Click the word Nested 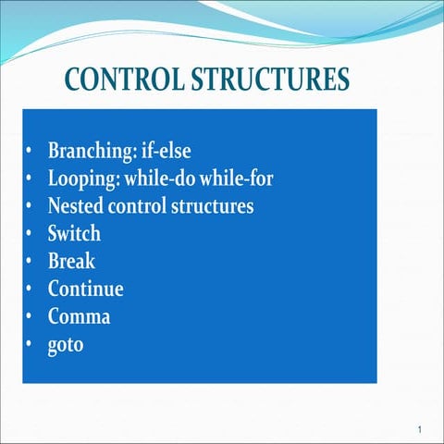click(75, 205)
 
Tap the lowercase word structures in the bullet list click(212, 205)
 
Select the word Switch click(74, 233)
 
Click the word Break click(71, 261)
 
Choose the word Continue click(85, 289)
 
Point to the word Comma click(79, 316)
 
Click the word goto click(66, 345)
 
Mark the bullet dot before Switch click(31, 234)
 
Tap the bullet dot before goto click(31, 345)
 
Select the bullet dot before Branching click(31, 151)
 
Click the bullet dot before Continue click(31, 290)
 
